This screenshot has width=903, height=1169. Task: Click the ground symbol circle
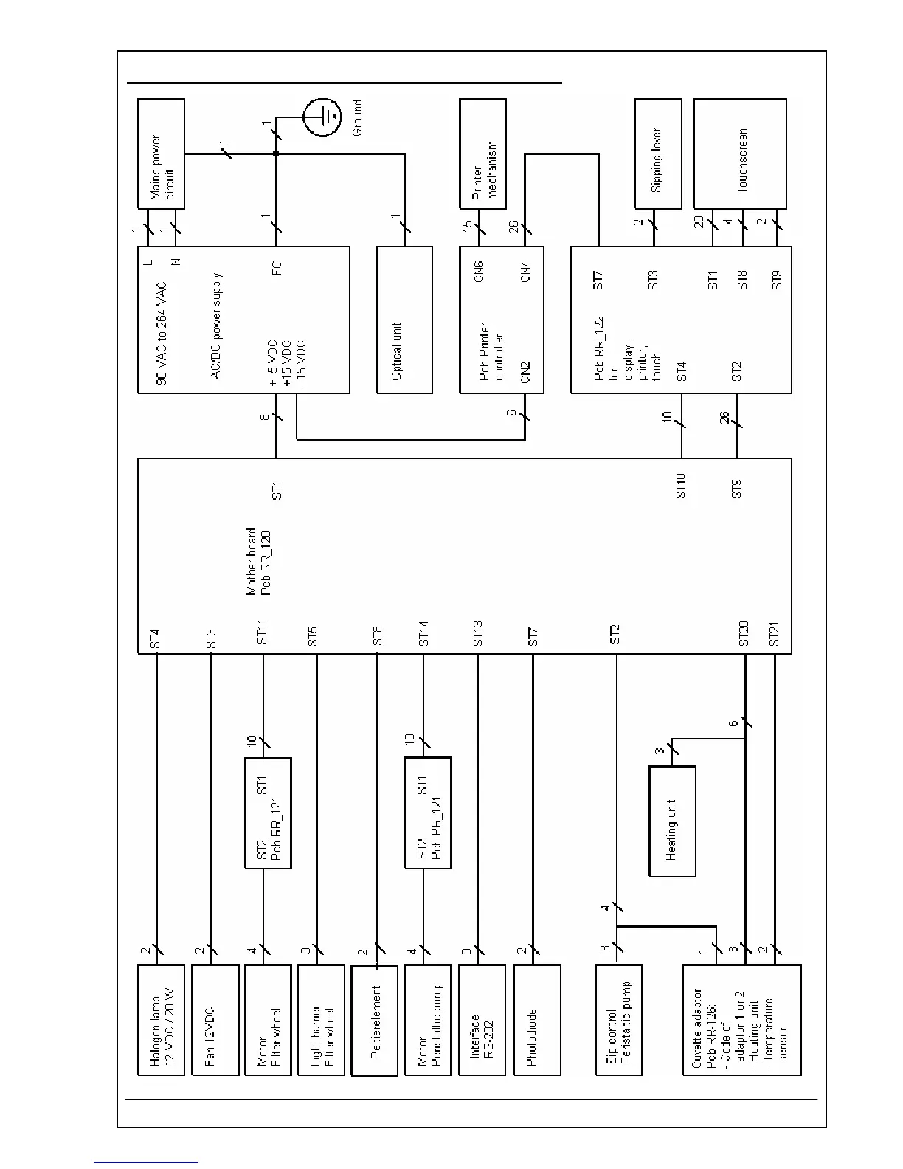(x=322, y=117)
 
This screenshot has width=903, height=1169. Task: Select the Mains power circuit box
(x=161, y=154)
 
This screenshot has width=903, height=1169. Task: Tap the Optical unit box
(x=404, y=320)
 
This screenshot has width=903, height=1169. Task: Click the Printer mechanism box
(x=483, y=154)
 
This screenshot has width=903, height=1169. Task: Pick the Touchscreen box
(x=740, y=154)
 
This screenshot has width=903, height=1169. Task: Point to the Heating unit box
(x=672, y=821)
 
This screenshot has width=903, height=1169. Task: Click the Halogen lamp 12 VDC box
(x=161, y=1019)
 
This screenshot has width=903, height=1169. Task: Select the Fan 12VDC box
(x=215, y=1019)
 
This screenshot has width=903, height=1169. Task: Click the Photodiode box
(x=537, y=1019)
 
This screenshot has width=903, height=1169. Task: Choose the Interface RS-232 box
(x=482, y=1019)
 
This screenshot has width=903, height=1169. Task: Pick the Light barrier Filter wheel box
(x=321, y=1019)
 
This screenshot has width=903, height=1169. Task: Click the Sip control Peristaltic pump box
(x=619, y=1019)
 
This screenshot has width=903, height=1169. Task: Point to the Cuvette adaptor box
(x=742, y=1019)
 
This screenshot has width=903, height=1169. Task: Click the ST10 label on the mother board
(x=682, y=486)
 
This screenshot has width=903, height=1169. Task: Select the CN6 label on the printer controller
(x=479, y=271)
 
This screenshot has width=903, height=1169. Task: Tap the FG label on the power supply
(x=277, y=267)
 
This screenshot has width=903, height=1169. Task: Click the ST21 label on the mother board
(x=775, y=634)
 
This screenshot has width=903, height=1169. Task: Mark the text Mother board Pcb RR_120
(x=258, y=561)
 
